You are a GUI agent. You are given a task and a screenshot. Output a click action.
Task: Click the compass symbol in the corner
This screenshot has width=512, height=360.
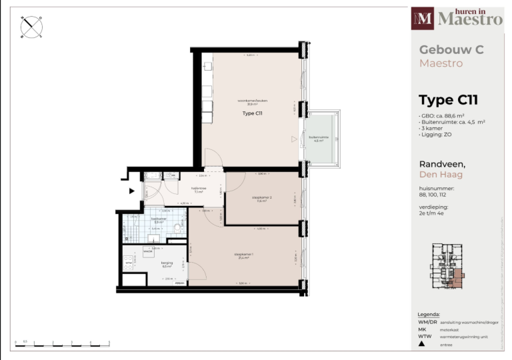click(31, 27)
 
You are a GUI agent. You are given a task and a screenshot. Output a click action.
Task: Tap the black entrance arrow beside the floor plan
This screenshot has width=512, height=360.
click(131, 191)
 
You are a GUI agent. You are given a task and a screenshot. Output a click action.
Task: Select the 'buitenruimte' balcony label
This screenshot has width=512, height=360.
click(316, 139)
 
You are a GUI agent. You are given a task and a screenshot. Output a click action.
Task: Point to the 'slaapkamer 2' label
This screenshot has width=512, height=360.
click(261, 199)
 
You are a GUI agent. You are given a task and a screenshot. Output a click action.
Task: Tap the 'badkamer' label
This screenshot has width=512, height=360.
click(158, 220)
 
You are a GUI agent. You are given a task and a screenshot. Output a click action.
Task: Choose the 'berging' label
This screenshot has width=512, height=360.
click(167, 264)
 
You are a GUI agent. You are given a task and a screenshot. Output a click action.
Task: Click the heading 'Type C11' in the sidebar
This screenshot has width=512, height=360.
click(448, 101)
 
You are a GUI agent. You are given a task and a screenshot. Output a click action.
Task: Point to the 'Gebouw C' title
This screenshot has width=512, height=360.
click(451, 49)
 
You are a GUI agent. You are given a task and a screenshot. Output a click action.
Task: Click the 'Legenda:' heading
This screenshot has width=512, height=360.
click(429, 314)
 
